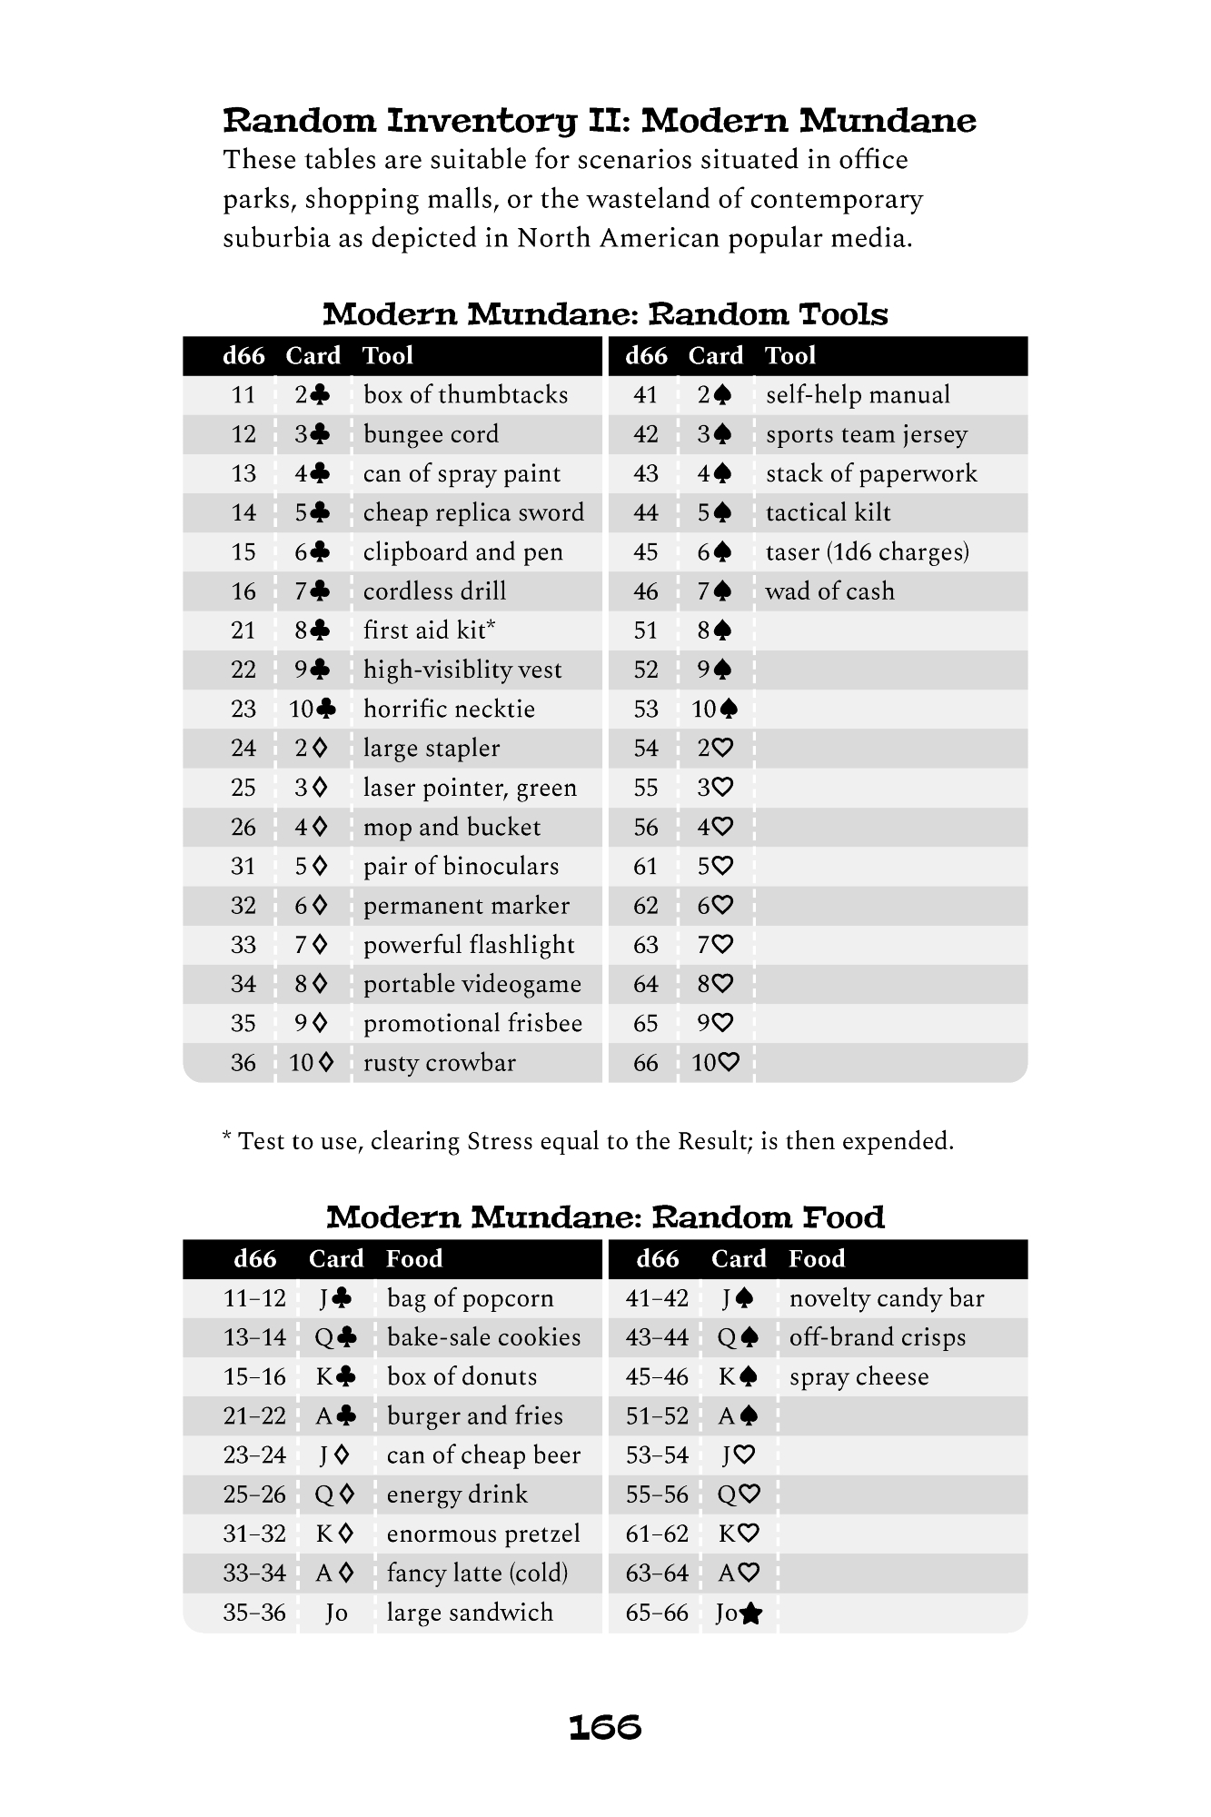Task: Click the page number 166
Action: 605,1727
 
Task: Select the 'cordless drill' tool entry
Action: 434,591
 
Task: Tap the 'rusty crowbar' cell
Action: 439,1063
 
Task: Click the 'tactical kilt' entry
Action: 828,513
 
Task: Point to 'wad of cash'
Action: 829,591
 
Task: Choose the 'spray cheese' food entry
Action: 859,1377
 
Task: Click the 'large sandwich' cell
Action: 470,1613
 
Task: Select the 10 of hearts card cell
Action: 716,1063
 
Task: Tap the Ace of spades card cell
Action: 738,1416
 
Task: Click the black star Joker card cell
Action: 739,1613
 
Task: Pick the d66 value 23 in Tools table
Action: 243,710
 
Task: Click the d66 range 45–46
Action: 657,1377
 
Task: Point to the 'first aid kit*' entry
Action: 429,630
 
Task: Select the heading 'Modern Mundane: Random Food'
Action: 605,1217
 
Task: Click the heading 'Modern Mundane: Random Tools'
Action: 605,314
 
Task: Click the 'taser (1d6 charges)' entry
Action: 867,552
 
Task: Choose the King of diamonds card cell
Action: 334,1534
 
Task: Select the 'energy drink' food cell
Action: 457,1495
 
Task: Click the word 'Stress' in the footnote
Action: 500,1141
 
